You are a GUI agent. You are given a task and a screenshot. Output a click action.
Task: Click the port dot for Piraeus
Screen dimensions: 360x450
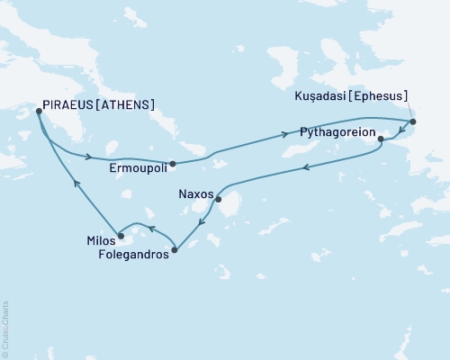37,112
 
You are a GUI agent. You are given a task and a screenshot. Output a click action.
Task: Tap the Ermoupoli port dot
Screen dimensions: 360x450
172,164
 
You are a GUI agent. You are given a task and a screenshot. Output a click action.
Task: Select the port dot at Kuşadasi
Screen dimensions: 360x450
412,121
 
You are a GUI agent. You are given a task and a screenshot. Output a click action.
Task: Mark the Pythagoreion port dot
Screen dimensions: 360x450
380,139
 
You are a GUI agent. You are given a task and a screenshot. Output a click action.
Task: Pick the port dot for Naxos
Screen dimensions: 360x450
219,201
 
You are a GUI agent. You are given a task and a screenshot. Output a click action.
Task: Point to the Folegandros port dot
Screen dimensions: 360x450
174,249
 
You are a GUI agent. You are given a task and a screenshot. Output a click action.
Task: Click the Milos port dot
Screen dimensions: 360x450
121,236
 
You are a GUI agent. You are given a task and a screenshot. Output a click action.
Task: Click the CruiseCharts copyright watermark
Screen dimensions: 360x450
5,328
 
